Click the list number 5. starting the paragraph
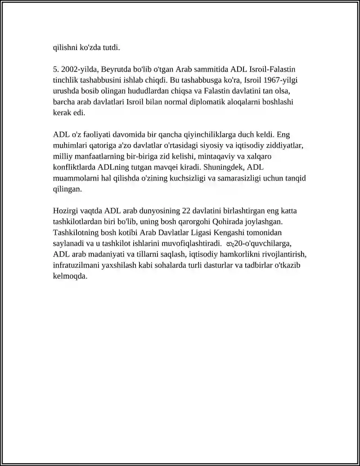pos(56,69)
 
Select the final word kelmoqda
pos(70,276)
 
